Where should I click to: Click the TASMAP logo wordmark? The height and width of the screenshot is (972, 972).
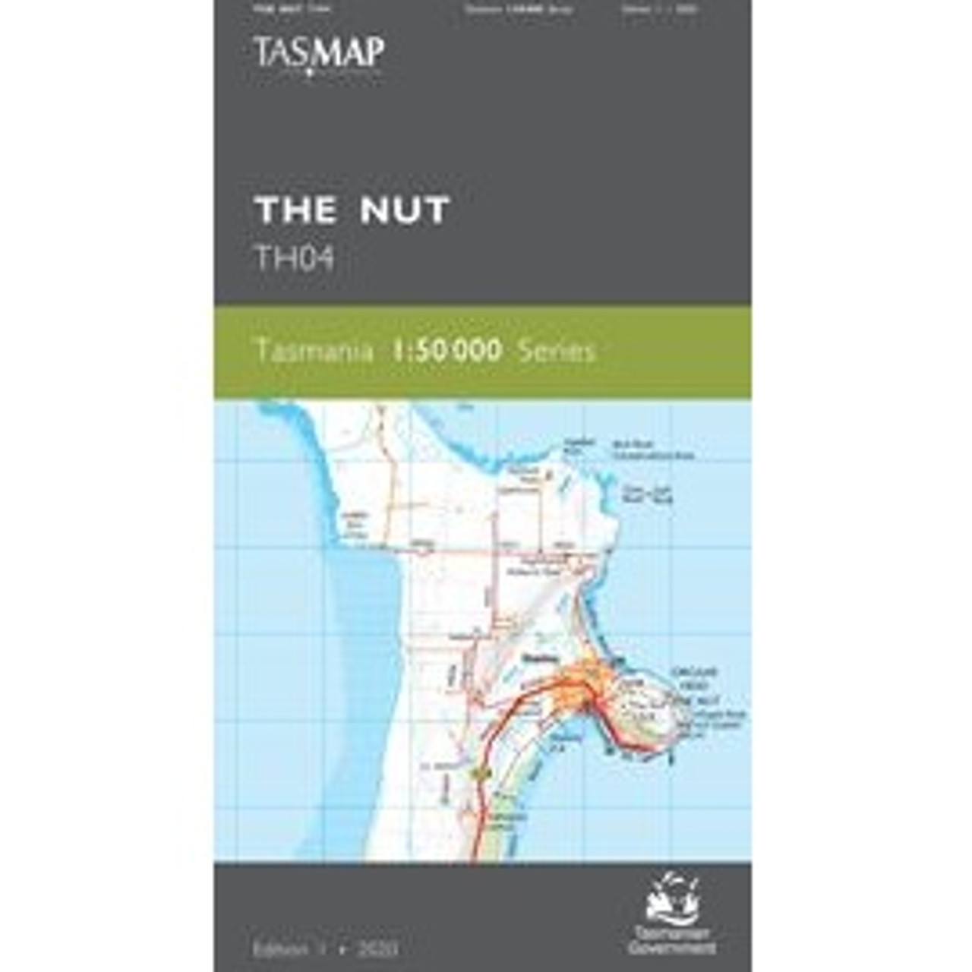click(x=318, y=52)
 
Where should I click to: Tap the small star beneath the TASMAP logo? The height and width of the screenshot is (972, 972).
click(x=311, y=74)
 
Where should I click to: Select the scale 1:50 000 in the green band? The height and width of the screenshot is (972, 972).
click(x=447, y=351)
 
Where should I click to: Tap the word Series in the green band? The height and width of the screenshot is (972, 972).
click(x=554, y=352)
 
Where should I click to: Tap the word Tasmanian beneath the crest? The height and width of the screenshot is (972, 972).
click(x=672, y=936)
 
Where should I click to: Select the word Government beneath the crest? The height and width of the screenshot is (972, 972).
click(x=672, y=948)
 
